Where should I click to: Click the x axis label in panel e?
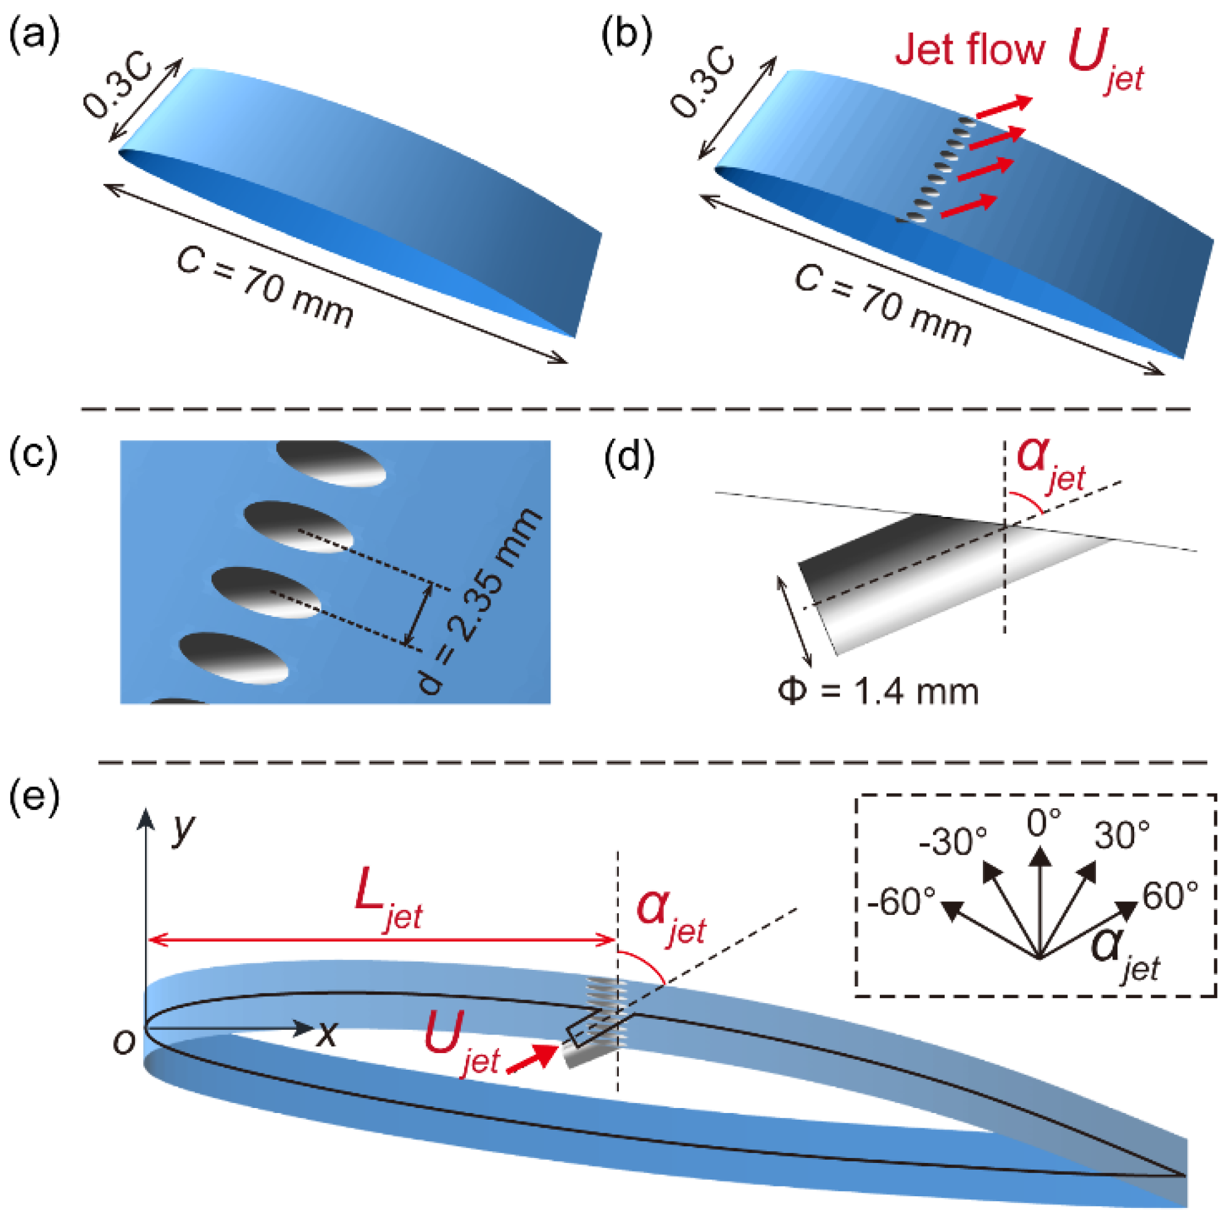[326, 1033]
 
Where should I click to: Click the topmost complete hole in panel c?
[331, 463]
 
